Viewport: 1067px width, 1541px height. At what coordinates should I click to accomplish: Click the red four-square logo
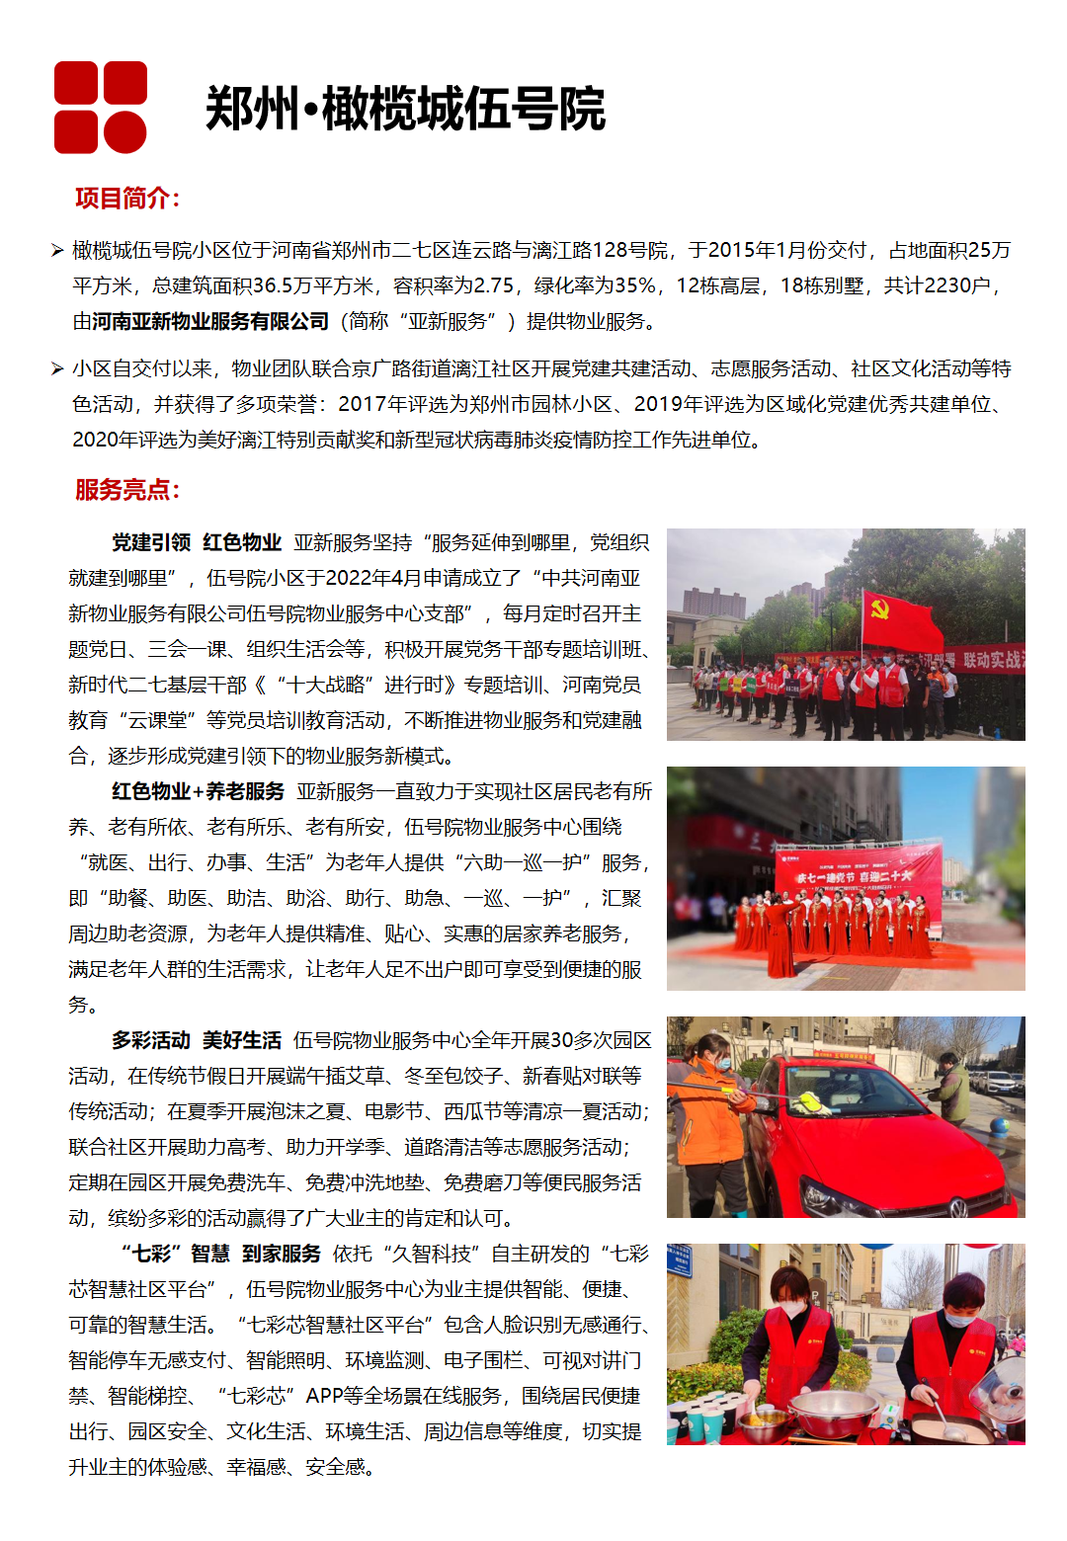click(100, 107)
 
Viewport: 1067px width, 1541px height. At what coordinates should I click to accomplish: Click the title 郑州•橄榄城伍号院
click(405, 109)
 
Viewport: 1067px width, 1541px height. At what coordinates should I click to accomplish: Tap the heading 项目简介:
click(127, 199)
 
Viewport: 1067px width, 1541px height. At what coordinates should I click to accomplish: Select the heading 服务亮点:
click(127, 490)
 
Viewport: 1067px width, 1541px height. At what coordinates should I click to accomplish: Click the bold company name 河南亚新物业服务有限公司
click(210, 322)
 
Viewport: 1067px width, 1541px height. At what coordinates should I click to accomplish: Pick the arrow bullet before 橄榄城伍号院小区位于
click(57, 251)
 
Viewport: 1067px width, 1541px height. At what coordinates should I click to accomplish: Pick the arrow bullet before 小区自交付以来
click(57, 369)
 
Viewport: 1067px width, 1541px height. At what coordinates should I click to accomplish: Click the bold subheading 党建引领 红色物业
click(197, 542)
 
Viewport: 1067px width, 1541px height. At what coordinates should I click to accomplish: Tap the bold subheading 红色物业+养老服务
click(198, 791)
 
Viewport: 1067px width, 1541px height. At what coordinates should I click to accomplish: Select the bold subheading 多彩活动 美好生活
click(197, 1040)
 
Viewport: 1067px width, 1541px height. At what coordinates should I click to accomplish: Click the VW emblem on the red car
click(957, 1206)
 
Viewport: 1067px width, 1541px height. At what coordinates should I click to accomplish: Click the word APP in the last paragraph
click(325, 1396)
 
